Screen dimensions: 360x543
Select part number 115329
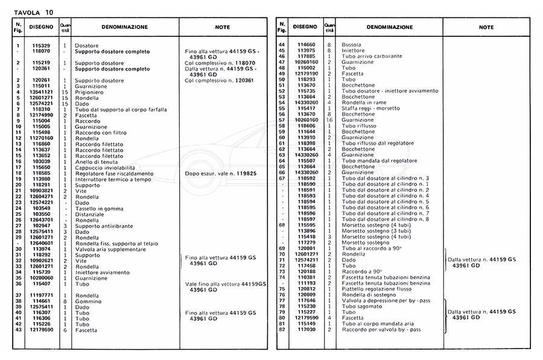41,46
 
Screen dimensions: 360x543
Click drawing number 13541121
41,92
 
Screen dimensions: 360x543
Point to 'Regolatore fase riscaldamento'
114,173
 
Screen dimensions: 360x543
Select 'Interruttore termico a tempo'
111,179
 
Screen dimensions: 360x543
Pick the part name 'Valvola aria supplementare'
110,249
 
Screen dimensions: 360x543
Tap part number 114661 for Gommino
41,301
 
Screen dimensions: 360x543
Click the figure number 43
19,330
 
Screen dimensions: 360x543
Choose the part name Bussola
352,45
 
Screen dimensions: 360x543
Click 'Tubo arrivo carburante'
372,56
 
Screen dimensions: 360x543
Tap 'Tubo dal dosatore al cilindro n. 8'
386,219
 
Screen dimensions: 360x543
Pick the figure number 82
282,329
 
